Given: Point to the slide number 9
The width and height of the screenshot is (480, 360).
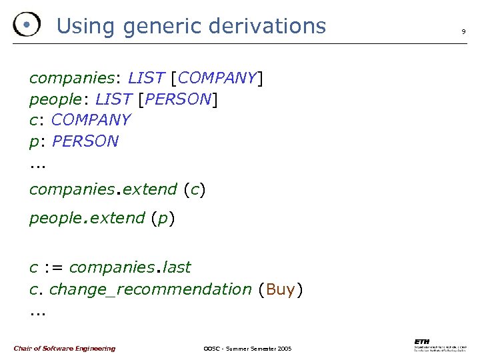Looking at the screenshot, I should click(x=463, y=31).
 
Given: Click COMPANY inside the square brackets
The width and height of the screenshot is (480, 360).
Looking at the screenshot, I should click(x=217, y=78).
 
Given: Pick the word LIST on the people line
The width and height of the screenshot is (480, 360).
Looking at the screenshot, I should click(x=113, y=99).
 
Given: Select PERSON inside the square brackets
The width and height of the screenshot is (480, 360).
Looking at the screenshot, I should click(x=177, y=99).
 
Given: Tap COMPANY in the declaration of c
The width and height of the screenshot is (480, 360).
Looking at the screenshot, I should click(x=91, y=120).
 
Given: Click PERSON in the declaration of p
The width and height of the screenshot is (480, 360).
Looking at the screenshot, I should click(x=85, y=141).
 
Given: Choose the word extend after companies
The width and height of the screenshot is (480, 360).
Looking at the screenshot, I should click(x=150, y=189).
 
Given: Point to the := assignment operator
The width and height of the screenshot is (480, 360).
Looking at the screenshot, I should click(x=53, y=267).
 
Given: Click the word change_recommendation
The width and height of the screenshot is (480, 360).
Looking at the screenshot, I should click(x=151, y=289).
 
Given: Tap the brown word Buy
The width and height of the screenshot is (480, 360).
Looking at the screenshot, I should click(x=281, y=289).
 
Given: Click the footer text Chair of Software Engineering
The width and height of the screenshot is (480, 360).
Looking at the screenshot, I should click(x=64, y=349).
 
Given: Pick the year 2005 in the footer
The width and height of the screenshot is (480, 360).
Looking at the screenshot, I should click(x=283, y=349).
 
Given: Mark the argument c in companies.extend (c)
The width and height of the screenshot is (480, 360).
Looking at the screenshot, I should click(x=195, y=190).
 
